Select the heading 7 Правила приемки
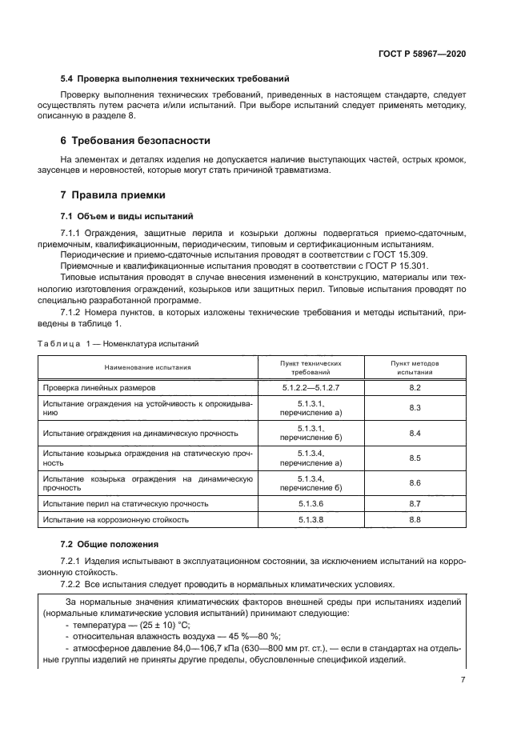115,195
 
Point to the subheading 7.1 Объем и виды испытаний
126,216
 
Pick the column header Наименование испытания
147,367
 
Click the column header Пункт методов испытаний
415,367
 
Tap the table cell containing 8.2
415,387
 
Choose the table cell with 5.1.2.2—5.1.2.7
311,387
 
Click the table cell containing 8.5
415,458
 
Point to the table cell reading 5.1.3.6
311,504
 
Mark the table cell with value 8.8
415,520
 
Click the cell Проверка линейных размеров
100,387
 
